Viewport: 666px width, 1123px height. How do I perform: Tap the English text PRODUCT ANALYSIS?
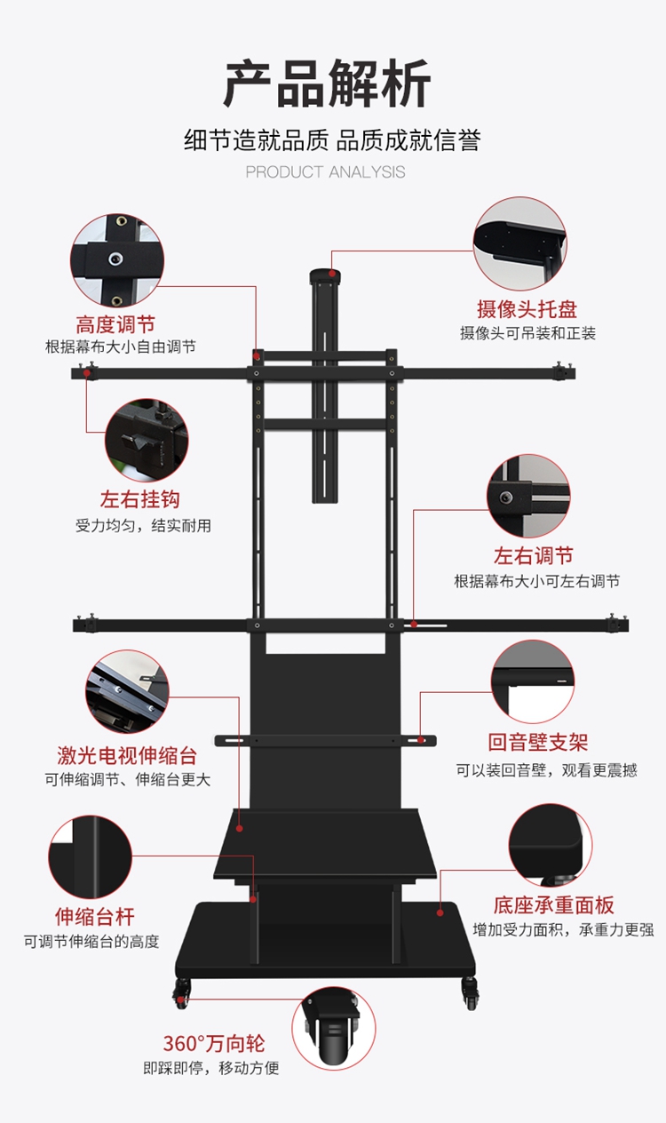325,172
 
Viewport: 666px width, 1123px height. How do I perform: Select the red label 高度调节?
115,324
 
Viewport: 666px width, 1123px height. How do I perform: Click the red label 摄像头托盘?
527,309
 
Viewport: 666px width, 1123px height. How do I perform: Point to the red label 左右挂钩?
140,499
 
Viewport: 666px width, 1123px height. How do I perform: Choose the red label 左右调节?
534,556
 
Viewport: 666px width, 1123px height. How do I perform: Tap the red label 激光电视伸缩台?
127,756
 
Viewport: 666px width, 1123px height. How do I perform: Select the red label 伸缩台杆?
95,917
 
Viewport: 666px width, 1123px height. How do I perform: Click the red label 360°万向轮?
214,1044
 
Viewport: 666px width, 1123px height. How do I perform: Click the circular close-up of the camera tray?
519,243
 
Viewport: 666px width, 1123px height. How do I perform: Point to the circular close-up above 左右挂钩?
147,441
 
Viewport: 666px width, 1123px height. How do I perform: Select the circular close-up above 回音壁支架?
533,681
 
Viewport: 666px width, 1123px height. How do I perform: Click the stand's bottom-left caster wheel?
183,992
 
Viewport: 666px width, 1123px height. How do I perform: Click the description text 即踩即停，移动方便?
211,1068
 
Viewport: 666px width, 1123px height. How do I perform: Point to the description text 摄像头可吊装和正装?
527,333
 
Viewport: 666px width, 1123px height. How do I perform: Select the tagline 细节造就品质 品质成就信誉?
332,139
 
